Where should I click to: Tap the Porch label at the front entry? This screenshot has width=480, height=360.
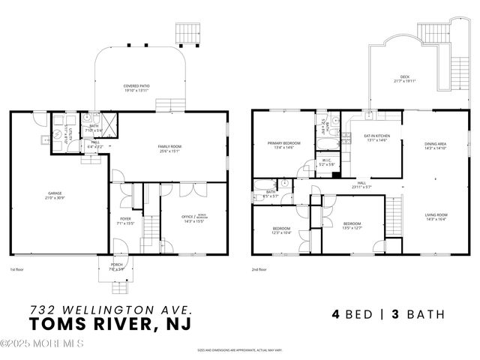(x=117, y=264)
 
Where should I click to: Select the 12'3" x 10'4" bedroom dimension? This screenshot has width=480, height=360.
(x=281, y=232)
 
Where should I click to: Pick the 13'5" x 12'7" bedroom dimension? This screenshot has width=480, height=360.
(x=352, y=228)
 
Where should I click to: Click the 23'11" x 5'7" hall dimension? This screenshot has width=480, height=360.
(x=361, y=187)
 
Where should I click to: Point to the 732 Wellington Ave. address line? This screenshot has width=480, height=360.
(x=110, y=308)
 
